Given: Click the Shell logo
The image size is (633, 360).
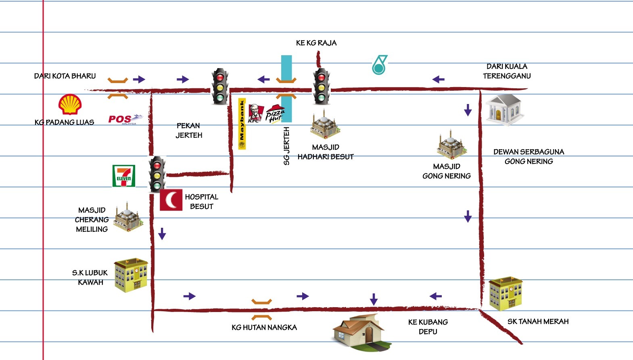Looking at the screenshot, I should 70,105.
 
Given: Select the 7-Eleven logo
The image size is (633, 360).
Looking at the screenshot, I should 124,176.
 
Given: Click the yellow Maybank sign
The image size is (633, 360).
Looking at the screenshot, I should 242,124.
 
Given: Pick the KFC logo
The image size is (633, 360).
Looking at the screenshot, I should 255,113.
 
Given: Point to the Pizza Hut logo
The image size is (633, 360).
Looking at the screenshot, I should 275,114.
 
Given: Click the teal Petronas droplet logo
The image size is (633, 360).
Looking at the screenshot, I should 379,65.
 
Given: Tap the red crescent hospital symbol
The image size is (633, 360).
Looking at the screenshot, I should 171,200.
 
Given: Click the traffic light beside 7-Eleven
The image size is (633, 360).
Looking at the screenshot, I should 157,174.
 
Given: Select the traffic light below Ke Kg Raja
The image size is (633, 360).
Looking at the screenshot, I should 322,87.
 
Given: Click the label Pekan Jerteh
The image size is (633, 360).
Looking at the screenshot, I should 189,130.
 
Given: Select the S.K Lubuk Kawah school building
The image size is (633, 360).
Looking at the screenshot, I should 130,275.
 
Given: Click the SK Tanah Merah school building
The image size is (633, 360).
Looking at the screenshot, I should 506,293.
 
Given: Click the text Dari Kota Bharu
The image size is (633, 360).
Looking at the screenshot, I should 65,76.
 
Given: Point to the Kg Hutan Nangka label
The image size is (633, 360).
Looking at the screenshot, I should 264,327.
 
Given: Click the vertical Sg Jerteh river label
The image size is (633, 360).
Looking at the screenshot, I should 286,146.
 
